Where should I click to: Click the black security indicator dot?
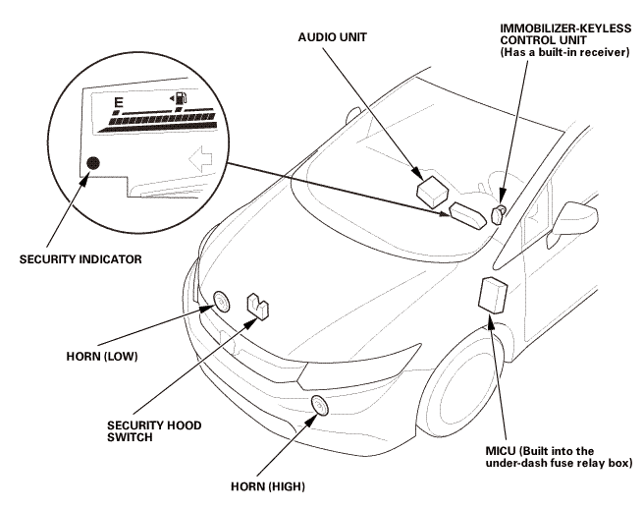pos(93,163)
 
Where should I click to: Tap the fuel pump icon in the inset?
pos(181,97)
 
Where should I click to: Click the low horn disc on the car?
pos(221,301)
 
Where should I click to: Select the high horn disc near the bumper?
pos(318,405)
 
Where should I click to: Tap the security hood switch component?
pos(259,306)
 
